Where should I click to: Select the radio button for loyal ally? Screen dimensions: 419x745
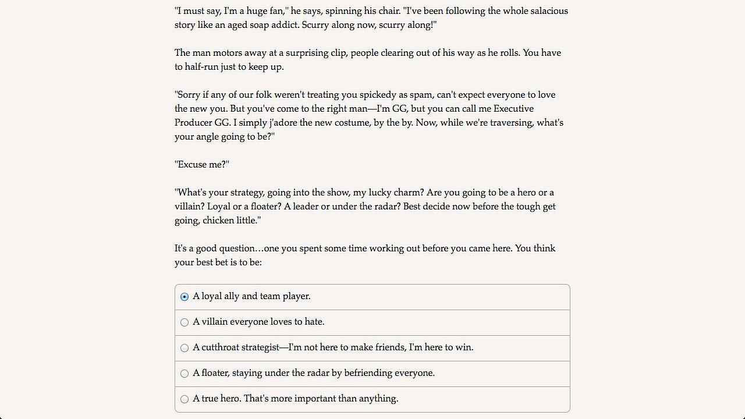click(x=185, y=297)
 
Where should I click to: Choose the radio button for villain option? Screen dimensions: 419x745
click(x=185, y=322)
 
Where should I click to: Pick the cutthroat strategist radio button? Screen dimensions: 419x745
click(x=185, y=348)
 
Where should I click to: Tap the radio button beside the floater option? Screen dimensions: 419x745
click(x=185, y=374)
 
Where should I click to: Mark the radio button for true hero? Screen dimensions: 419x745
click(x=185, y=399)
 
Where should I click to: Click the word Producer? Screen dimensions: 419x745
click(x=193, y=123)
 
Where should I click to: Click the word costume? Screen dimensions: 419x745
click(x=363, y=123)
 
